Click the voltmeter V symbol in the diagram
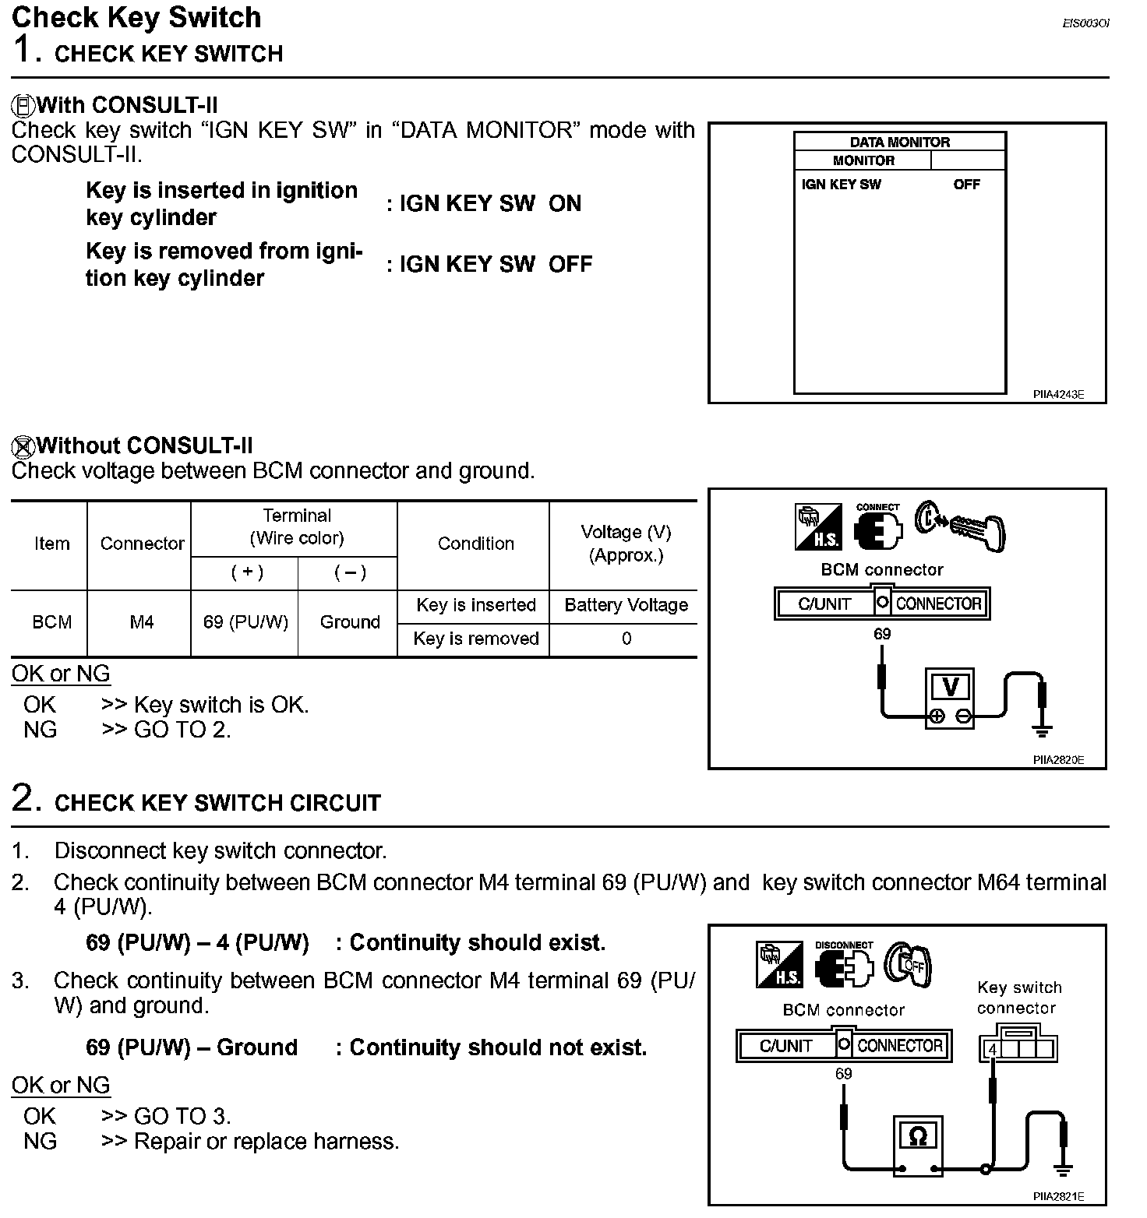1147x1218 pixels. click(x=950, y=686)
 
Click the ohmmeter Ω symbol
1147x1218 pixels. click(x=918, y=1136)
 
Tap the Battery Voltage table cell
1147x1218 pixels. click(x=626, y=605)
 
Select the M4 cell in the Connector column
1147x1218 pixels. click(x=142, y=622)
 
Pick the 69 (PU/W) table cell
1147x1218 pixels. click(x=245, y=622)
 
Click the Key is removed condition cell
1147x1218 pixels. click(x=476, y=639)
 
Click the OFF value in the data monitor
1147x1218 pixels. click(x=966, y=185)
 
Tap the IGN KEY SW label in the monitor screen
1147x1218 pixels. click(x=841, y=185)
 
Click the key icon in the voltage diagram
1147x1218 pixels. click(x=960, y=526)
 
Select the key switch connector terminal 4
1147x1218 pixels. click(x=993, y=1049)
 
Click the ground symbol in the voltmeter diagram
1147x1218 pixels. click(x=1042, y=730)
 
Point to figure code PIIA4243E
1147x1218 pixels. click(x=1058, y=395)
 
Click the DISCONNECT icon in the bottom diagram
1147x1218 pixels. click(x=844, y=964)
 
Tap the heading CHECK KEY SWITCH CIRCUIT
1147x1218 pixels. click(x=217, y=803)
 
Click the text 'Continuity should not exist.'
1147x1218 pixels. click(x=498, y=1047)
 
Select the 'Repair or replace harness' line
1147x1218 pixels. click(x=250, y=1141)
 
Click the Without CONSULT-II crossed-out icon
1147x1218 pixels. click(x=23, y=446)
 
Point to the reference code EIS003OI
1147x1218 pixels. click(x=1085, y=23)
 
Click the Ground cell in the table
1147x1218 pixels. click(x=350, y=622)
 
